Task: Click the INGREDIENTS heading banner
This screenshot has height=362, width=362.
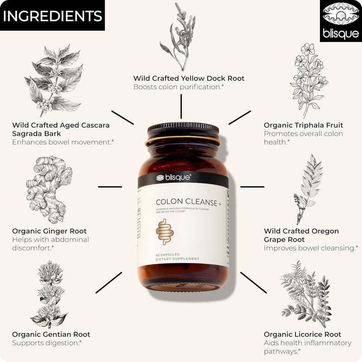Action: tap(52, 15)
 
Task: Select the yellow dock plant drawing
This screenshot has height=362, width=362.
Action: tap(178, 36)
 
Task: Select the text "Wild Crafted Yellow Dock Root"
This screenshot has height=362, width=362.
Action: tap(189, 78)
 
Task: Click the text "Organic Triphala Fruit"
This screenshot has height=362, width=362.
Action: tap(304, 125)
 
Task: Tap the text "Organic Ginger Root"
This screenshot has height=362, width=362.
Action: tap(49, 231)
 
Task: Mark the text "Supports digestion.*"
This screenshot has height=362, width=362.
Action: tap(47, 343)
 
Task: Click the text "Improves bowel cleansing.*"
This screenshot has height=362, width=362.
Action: tap(311, 248)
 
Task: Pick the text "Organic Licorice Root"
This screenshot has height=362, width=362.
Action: tap(303, 334)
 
